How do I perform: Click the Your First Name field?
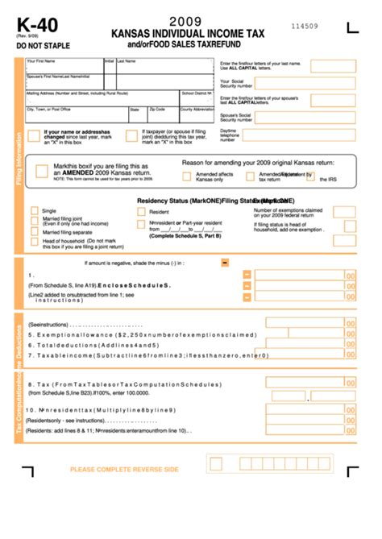click(x=64, y=67)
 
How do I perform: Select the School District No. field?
click(x=197, y=97)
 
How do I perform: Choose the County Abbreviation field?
click(x=197, y=114)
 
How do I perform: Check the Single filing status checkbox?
click(x=35, y=210)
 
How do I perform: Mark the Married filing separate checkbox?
click(x=35, y=231)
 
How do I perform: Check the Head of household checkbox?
click(x=35, y=242)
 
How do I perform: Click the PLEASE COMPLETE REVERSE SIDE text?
click(x=124, y=469)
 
